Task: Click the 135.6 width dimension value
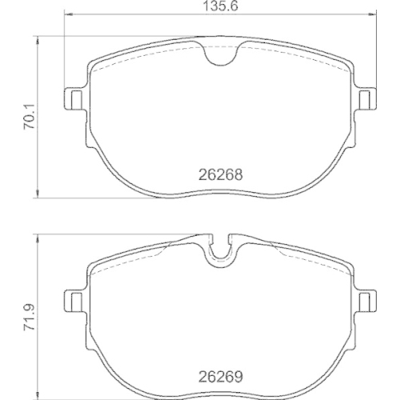[220, 6]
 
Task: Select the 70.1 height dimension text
[30, 118]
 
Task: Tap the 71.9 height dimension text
[30, 318]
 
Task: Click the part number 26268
[221, 174]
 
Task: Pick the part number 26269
[221, 377]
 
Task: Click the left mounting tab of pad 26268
[74, 99]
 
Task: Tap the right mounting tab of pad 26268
[367, 99]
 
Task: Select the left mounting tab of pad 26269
[74, 301]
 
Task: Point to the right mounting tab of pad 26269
[367, 301]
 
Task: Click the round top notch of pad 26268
[221, 54]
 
